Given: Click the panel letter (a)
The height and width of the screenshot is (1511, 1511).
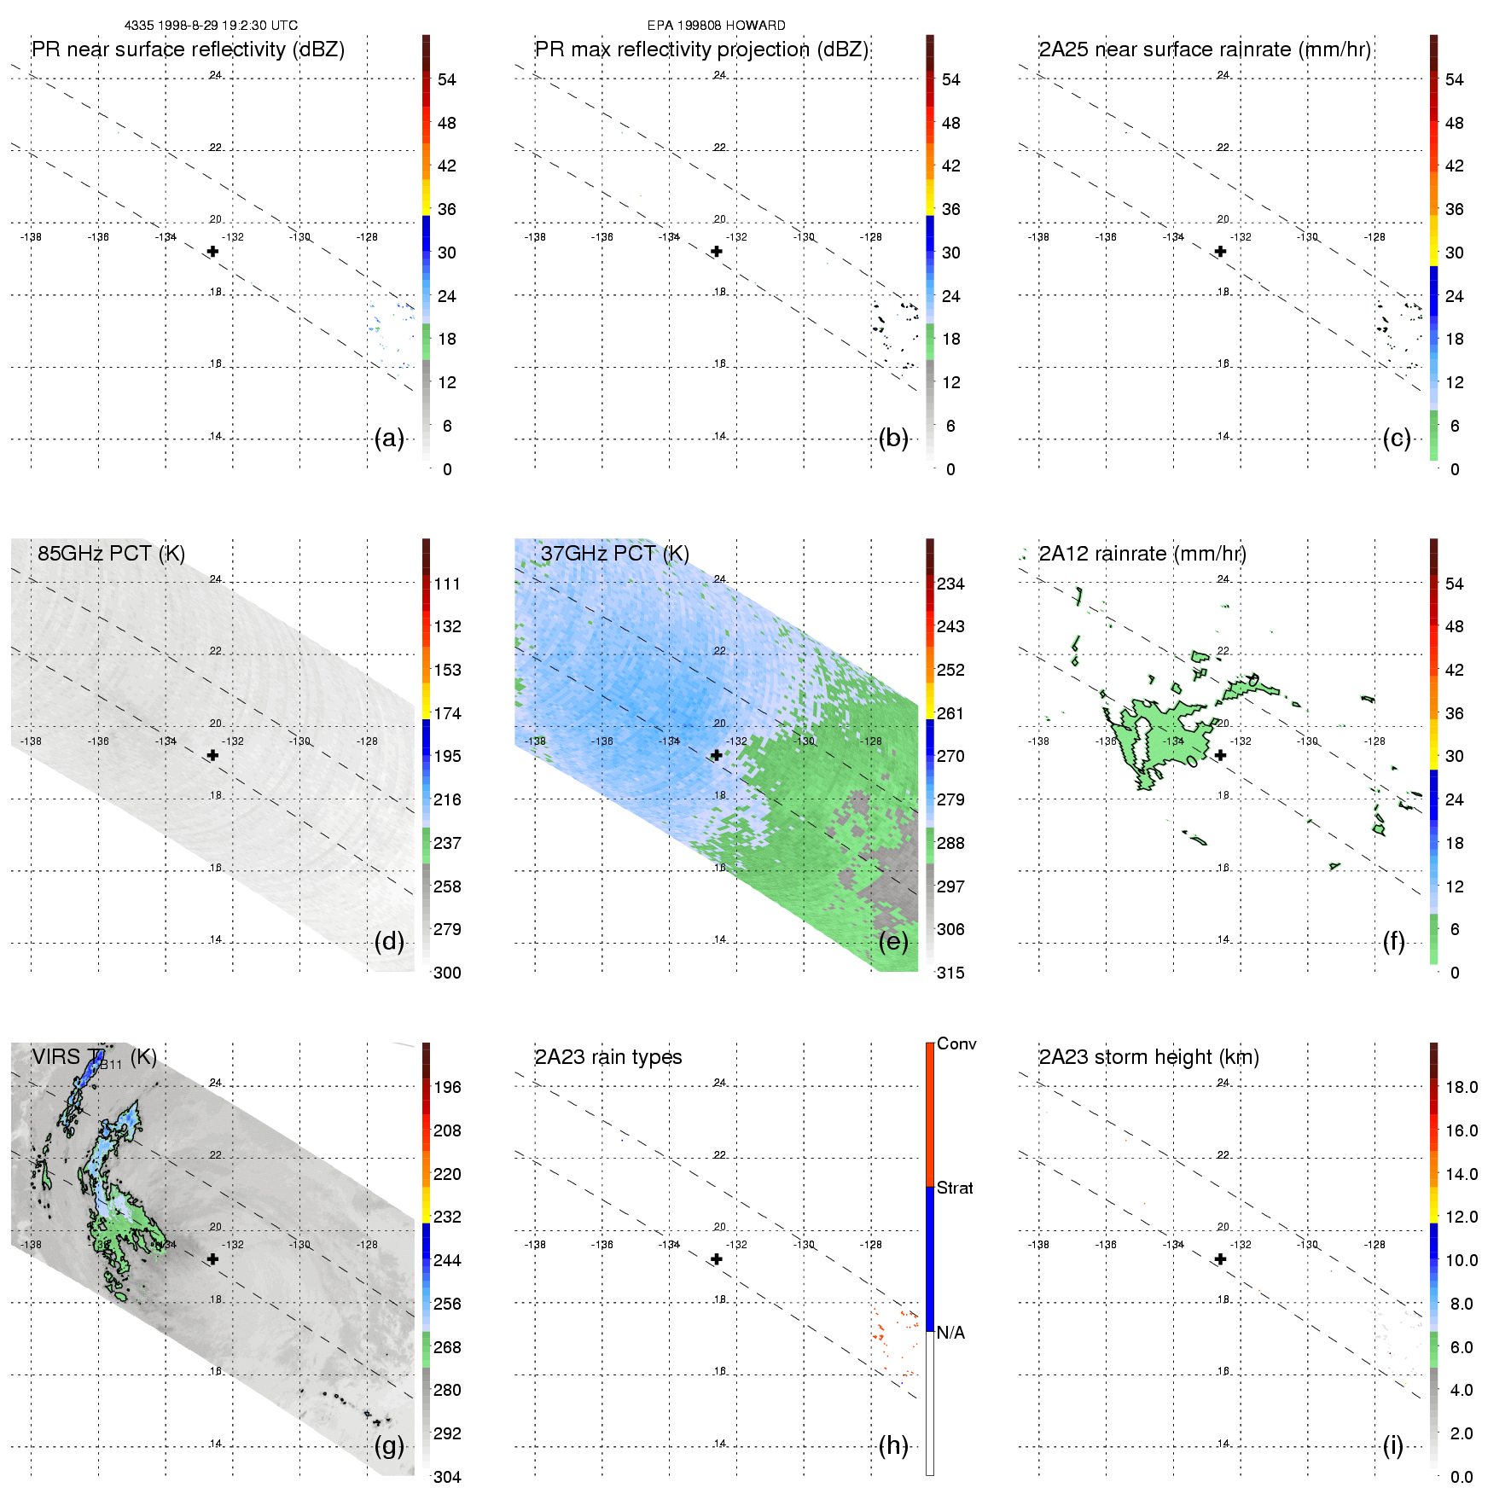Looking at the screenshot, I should (x=388, y=439).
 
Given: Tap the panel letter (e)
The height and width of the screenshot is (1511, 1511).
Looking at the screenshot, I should (x=892, y=942).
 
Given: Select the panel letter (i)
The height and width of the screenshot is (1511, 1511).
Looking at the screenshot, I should (x=1392, y=1445).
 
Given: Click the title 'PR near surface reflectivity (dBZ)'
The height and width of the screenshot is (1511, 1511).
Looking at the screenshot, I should (x=188, y=49).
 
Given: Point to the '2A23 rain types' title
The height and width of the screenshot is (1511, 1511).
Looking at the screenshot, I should (x=608, y=1057).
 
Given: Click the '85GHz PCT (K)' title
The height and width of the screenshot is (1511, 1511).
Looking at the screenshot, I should (x=111, y=554).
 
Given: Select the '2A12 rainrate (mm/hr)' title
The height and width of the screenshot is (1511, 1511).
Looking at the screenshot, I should (x=1142, y=554).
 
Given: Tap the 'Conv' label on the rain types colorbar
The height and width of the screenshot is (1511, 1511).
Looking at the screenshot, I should (x=956, y=1043).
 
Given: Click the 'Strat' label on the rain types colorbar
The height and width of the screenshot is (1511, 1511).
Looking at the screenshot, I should (x=955, y=1188).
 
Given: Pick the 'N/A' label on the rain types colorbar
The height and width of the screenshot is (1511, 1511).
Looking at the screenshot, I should (x=950, y=1333).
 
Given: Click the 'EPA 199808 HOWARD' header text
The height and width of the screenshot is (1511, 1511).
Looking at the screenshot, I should (x=716, y=26).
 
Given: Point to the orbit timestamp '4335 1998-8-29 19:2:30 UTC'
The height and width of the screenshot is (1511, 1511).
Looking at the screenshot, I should (x=211, y=26).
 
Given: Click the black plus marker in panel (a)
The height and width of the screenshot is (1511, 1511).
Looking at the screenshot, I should (x=212, y=252).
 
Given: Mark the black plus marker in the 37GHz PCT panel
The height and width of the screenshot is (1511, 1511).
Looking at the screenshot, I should (x=717, y=755).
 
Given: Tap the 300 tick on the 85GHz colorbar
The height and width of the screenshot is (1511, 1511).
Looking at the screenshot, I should (x=447, y=973).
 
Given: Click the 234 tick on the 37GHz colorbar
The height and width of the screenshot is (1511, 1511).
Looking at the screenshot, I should (x=950, y=584).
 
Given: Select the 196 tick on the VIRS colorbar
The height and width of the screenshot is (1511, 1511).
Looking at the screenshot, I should (x=447, y=1087).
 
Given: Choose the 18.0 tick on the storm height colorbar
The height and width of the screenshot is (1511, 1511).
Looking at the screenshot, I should (x=1462, y=1087).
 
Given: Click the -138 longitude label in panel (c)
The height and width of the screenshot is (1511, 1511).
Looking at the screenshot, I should (x=1038, y=237).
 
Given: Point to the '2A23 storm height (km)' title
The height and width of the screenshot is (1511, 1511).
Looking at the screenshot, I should (x=1148, y=1057).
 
